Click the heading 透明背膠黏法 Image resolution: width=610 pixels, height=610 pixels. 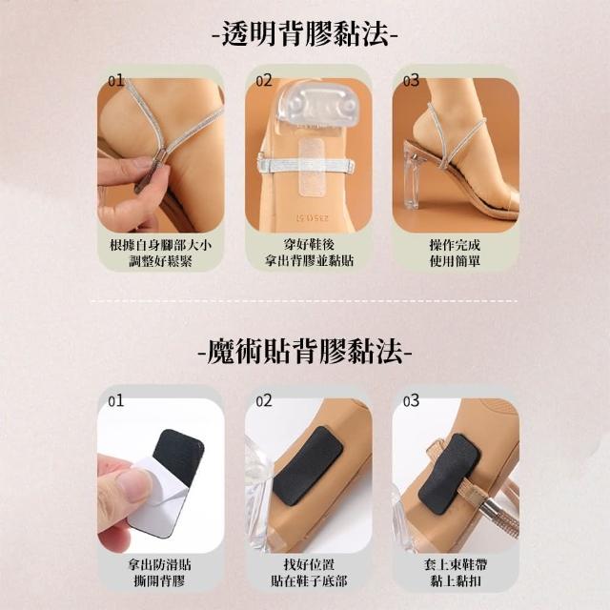[305, 34]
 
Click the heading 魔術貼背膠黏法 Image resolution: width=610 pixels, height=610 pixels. [305, 353]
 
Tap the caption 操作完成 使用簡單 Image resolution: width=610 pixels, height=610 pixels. [455, 253]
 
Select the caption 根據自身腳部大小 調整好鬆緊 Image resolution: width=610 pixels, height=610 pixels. [161, 253]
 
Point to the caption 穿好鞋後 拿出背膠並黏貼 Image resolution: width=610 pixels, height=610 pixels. [309, 253]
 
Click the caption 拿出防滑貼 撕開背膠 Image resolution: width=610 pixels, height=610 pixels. [159, 572]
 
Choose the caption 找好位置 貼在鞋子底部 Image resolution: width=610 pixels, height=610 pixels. [309, 572]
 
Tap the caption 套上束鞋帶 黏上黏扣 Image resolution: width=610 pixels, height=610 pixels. [456, 572]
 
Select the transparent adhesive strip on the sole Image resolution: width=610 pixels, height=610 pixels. [312, 168]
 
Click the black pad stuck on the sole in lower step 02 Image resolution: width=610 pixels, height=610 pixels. [308, 465]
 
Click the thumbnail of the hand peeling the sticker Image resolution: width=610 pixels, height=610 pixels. [161, 475]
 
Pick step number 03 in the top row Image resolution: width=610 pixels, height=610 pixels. [411, 80]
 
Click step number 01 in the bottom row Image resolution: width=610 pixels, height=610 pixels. [115, 400]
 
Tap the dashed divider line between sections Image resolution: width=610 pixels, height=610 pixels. [304, 301]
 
